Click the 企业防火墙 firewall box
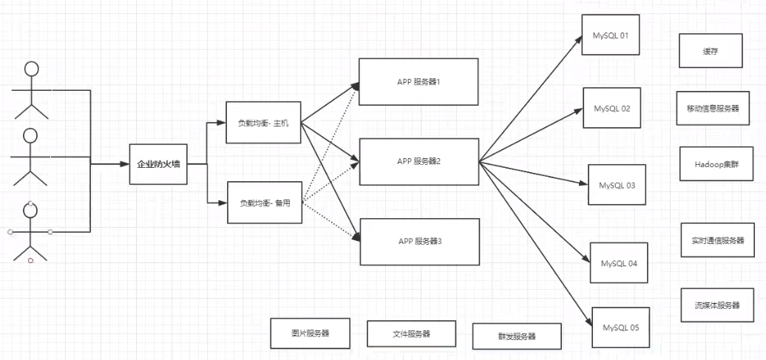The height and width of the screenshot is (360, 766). pyautogui.click(x=157, y=164)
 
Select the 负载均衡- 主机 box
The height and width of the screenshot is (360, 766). pyautogui.click(x=264, y=122)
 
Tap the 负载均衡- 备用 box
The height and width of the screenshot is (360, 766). pyautogui.click(x=264, y=202)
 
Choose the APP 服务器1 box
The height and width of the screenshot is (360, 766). pyautogui.click(x=418, y=81)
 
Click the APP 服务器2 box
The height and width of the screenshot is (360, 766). pyautogui.click(x=418, y=160)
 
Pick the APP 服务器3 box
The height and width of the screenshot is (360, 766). pyautogui.click(x=418, y=241)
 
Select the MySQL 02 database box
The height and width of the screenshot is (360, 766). pyautogui.click(x=611, y=109)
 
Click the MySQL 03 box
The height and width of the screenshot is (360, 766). pyautogui.click(x=617, y=185)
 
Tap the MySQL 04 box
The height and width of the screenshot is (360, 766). pyautogui.click(x=619, y=262)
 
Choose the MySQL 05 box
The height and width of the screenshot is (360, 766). pyautogui.click(x=620, y=327)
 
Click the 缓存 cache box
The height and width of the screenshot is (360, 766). pyautogui.click(x=711, y=52)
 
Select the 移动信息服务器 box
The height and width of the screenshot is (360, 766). pyautogui.click(x=708, y=109)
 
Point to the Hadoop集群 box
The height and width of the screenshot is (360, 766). pyautogui.click(x=711, y=163)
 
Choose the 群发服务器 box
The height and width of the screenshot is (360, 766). pyautogui.click(x=517, y=336)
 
